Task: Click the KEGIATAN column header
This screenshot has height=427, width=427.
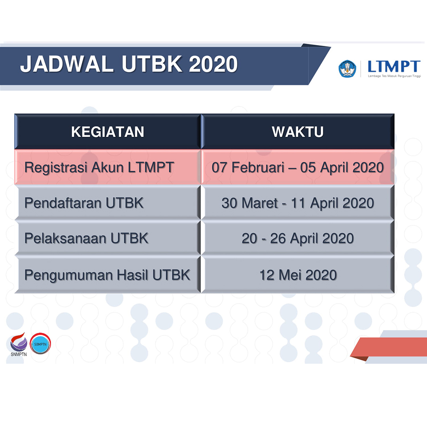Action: click(108, 132)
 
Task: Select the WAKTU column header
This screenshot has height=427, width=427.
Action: click(298, 132)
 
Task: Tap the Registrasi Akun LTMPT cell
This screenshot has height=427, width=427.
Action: click(99, 167)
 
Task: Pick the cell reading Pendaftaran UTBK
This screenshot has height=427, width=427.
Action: click(84, 203)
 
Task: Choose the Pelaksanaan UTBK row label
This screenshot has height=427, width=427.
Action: click(86, 238)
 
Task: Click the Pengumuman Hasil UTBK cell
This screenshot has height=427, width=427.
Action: click(107, 274)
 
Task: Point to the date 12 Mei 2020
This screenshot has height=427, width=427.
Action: click(298, 274)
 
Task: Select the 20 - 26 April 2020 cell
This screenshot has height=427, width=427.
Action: click(298, 238)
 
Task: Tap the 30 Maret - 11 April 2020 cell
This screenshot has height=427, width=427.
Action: click(298, 203)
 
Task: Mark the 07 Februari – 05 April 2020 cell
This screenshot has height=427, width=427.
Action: click(298, 167)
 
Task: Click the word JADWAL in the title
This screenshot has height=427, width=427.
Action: click(67, 64)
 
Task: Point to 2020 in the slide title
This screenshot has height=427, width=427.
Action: click(213, 64)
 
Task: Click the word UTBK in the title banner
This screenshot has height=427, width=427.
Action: click(152, 64)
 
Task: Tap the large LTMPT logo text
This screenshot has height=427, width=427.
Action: click(393, 66)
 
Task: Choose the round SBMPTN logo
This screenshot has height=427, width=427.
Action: click(40, 344)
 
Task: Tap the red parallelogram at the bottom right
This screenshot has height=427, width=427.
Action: click(387, 347)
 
